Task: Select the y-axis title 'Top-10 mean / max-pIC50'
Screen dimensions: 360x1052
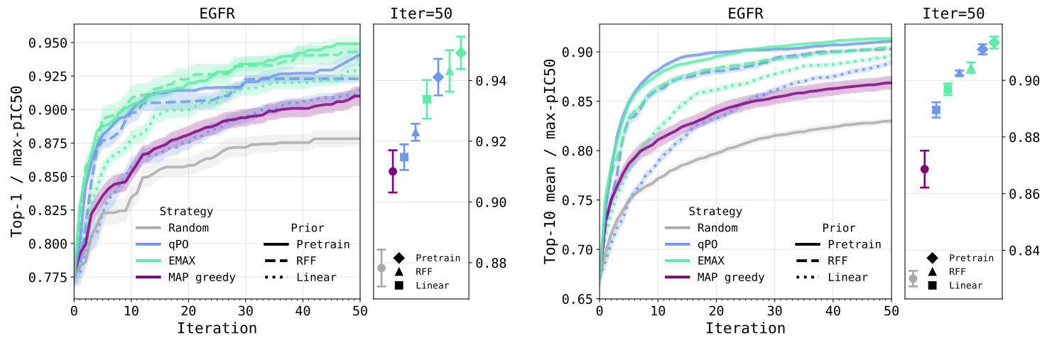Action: point(550,161)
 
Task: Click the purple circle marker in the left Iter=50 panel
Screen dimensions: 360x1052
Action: point(393,171)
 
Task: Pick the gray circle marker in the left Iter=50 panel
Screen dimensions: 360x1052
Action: point(381,268)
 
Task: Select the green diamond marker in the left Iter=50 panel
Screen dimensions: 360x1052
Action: point(461,53)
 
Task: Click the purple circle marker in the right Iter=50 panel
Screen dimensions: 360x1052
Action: point(924,169)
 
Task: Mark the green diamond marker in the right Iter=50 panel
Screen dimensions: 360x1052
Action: point(994,43)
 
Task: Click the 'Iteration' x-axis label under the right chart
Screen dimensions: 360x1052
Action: point(745,328)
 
